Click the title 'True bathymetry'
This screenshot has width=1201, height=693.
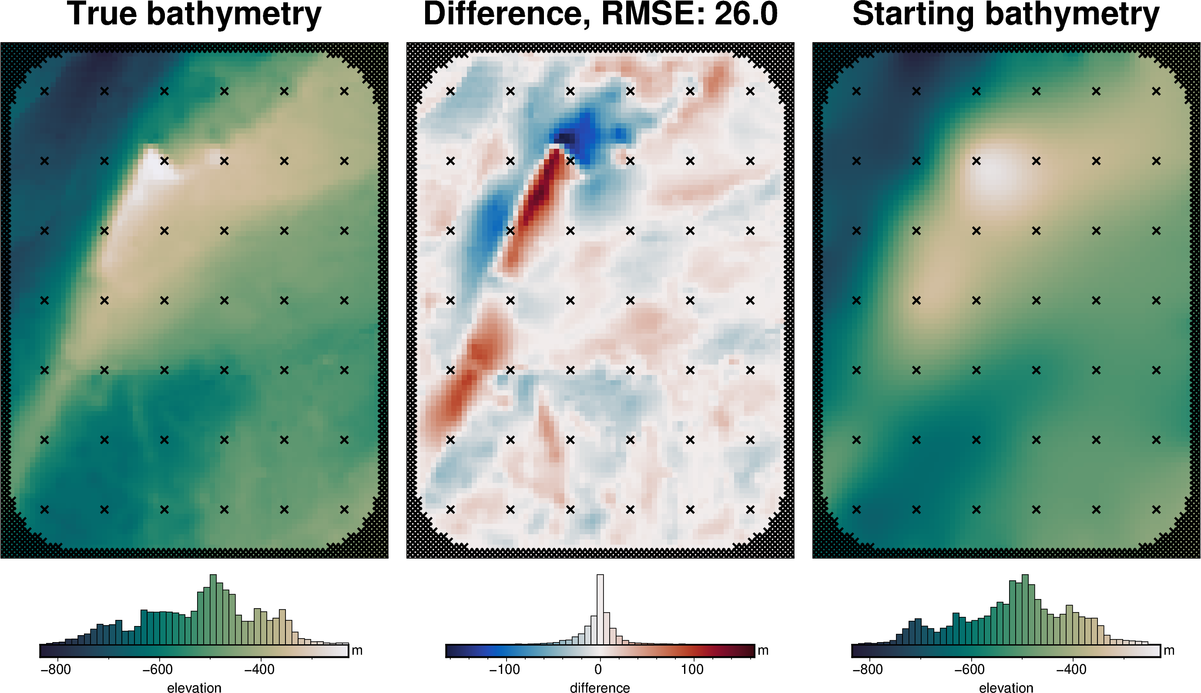point(194,14)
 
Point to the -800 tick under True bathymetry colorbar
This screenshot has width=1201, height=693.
point(56,670)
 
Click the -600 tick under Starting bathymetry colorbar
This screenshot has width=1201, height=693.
point(969,670)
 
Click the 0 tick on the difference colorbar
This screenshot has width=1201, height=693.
point(598,670)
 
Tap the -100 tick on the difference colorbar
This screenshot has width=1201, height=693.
point(505,670)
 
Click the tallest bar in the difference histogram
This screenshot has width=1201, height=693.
point(600,609)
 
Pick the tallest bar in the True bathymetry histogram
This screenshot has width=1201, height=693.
point(213,609)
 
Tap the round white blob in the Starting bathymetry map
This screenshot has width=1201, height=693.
point(995,171)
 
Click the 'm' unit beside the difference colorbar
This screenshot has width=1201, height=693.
point(763,651)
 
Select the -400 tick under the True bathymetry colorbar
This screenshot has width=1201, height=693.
point(259,670)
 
